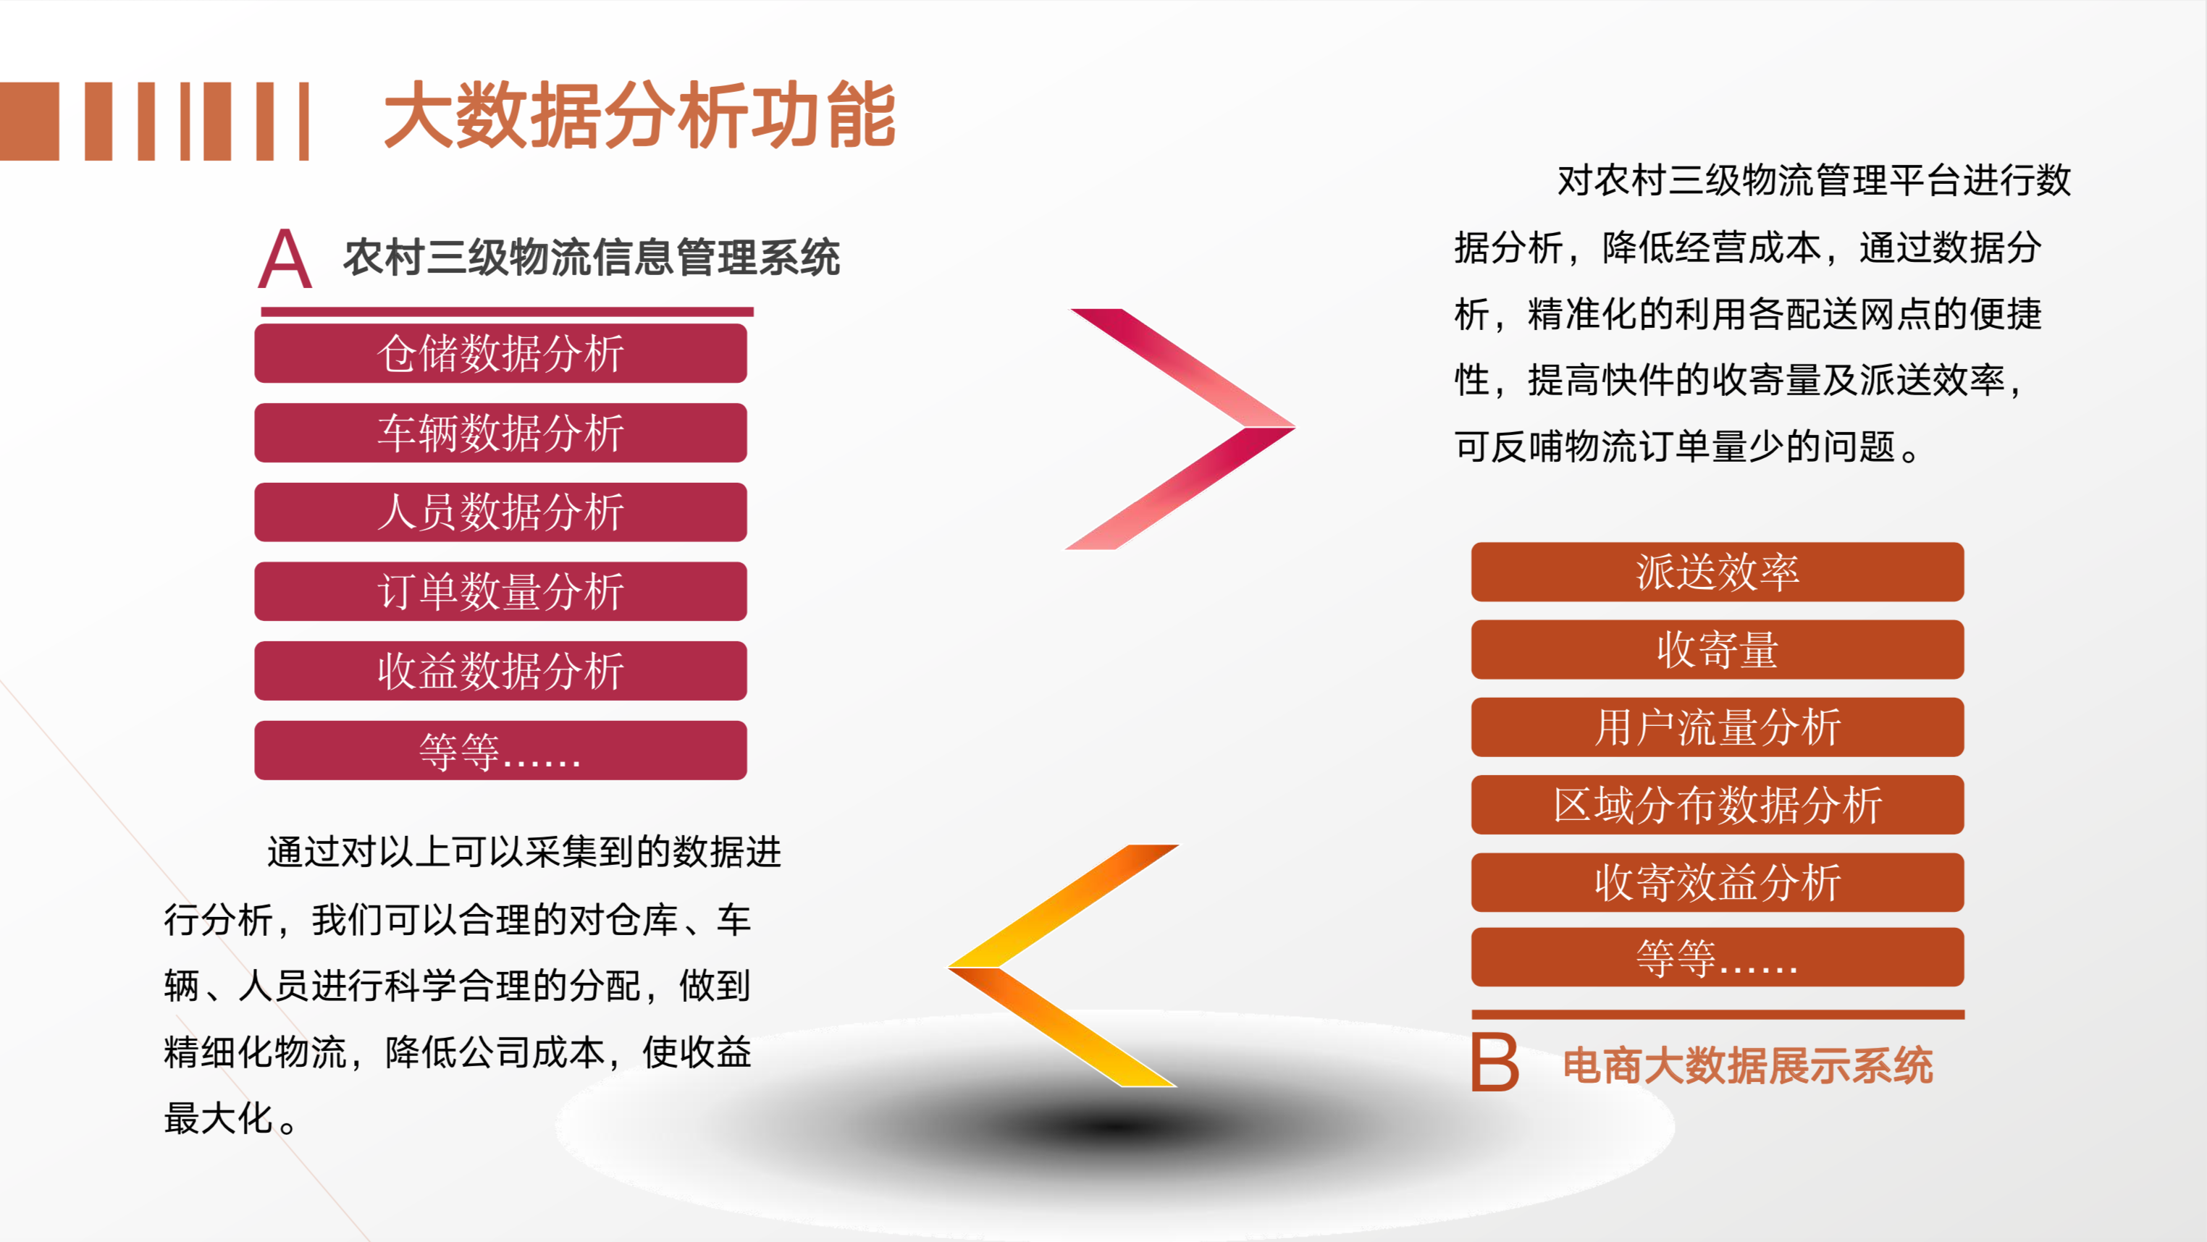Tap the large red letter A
[285, 258]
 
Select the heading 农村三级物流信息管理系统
[591, 257]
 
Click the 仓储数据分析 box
[500, 353]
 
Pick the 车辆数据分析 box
[500, 433]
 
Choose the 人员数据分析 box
[500, 512]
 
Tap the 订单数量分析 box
[500, 591]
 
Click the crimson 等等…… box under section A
[500, 751]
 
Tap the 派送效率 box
[1717, 571]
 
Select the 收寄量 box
[1717, 649]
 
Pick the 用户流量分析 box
[1717, 727]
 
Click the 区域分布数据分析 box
[1717, 804]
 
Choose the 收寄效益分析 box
[1717, 882]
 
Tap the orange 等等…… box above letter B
[1717, 957]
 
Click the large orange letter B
[1495, 1062]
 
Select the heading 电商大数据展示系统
[1748, 1065]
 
